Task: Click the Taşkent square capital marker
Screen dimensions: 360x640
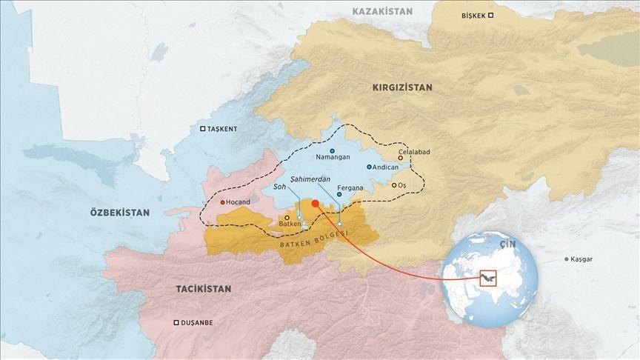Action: tap(203, 129)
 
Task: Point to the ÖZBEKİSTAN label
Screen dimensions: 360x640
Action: tap(119, 212)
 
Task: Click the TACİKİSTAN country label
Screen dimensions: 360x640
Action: tap(203, 287)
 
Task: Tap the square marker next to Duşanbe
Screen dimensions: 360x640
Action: tap(176, 323)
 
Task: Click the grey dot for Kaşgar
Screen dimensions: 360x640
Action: tap(567, 259)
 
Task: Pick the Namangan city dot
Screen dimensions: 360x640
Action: tap(333, 150)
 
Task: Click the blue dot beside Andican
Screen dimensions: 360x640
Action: tap(369, 167)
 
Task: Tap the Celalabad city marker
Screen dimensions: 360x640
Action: tap(401, 158)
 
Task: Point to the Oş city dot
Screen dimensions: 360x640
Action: tap(394, 184)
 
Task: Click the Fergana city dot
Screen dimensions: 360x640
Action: tap(339, 195)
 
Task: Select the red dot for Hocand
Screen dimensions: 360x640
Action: tap(222, 202)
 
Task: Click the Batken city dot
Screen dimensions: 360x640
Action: tap(287, 218)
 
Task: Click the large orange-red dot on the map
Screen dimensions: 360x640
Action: tap(316, 204)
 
